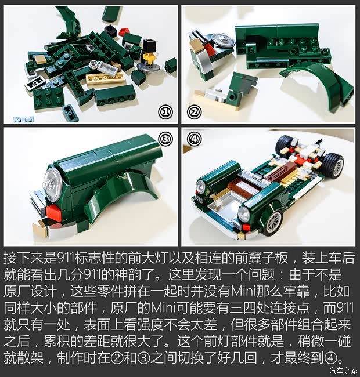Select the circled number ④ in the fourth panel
194,140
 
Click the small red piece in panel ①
123,32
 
